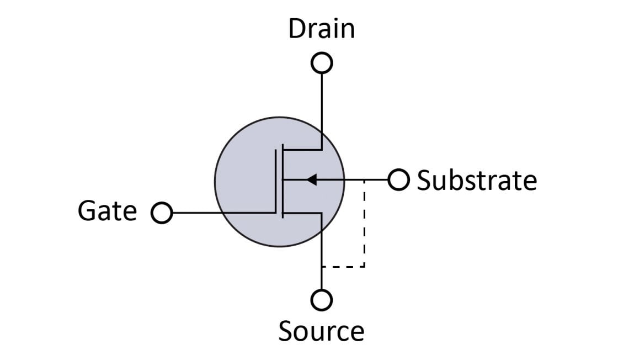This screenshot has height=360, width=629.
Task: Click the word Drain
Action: [321, 29]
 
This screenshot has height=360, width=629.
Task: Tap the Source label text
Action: [321, 331]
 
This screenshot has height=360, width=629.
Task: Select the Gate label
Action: [108, 211]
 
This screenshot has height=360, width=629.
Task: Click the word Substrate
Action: [477, 181]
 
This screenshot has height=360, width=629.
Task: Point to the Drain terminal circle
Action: [322, 63]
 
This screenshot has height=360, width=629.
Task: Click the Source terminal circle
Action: [322, 300]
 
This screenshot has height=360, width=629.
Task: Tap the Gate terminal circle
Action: [162, 213]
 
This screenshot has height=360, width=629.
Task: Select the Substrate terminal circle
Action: [398, 179]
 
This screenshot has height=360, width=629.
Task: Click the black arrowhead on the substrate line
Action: [312, 179]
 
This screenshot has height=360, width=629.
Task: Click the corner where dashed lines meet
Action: [364, 267]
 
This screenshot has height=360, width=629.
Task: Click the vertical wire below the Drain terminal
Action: [322, 110]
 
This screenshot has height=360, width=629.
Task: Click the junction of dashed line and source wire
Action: [322, 267]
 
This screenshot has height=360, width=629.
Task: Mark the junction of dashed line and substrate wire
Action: [364, 179]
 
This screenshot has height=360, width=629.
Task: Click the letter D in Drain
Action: [297, 29]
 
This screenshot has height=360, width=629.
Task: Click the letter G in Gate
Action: [87, 211]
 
